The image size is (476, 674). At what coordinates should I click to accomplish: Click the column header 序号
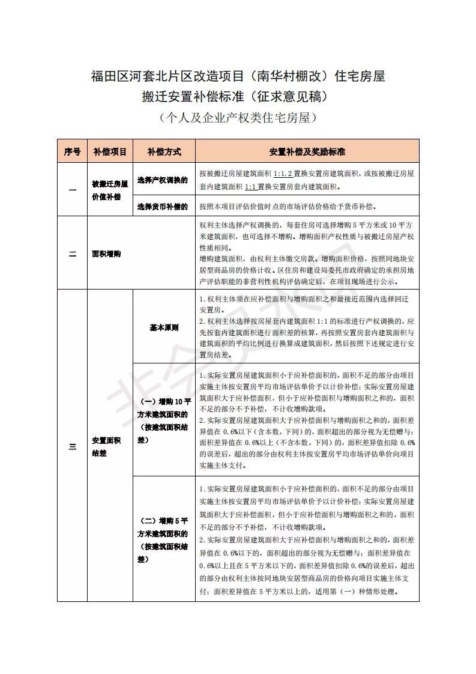72,152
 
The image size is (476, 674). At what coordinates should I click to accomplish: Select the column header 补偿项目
110,152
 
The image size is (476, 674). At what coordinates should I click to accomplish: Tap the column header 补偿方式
164,152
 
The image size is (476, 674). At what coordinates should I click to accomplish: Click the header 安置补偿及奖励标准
307,152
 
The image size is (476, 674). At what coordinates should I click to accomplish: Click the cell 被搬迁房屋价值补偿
110,188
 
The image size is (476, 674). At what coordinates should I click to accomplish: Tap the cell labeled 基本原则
164,328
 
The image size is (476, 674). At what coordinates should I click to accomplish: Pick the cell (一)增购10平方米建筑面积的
163,420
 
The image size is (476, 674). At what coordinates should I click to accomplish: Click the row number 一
72,190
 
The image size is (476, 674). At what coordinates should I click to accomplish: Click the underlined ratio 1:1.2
283,174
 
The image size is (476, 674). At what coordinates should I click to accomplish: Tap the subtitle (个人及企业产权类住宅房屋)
238,118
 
